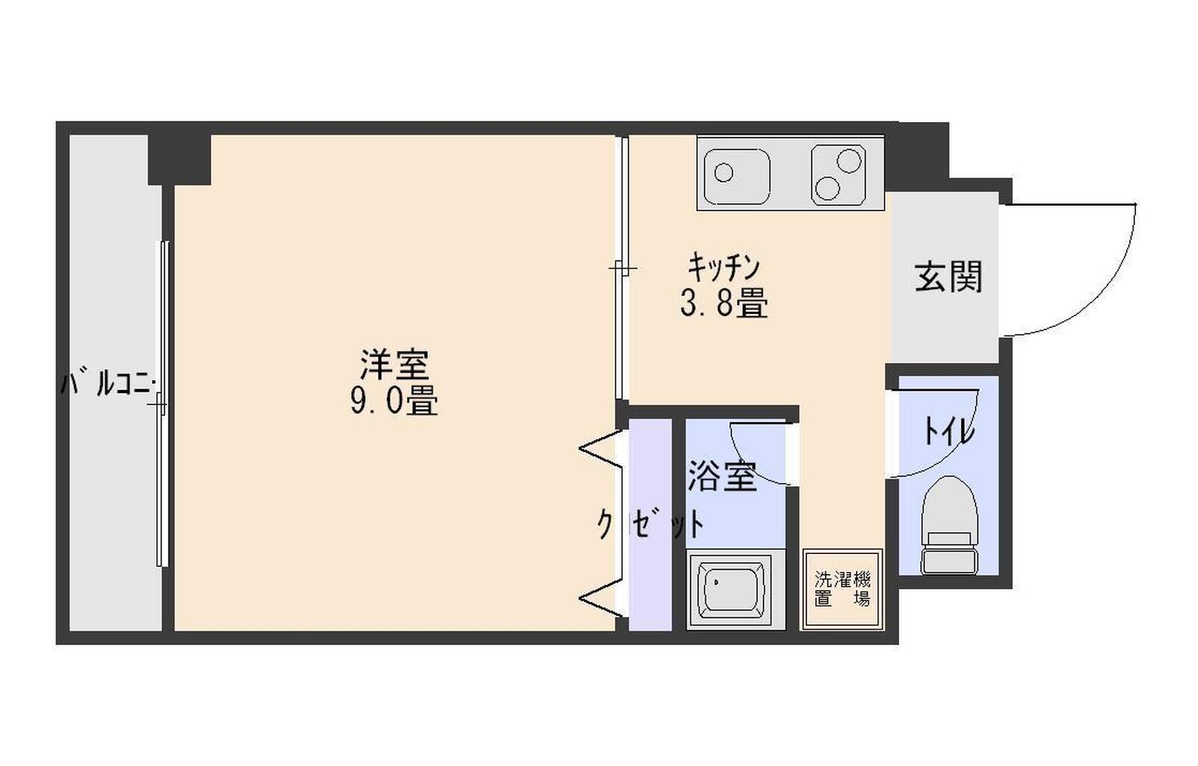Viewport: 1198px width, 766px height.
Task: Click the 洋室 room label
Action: coord(394,364)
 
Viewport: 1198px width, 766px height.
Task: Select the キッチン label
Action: coord(723,267)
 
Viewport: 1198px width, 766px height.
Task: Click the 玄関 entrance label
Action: coord(948,276)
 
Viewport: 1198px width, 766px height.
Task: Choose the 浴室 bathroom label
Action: coord(722,475)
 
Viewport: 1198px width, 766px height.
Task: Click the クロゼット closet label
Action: coord(650,523)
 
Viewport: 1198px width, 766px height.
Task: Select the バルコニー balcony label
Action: coord(107,385)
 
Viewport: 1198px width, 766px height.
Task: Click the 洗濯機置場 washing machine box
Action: coord(842,589)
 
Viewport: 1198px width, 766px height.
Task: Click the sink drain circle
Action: coord(723,173)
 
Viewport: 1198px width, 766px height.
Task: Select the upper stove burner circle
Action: coord(849,160)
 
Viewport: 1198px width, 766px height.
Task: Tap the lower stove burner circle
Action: coord(827,188)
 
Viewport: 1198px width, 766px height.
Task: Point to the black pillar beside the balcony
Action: coord(179,159)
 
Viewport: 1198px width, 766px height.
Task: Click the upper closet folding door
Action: coord(600,449)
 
